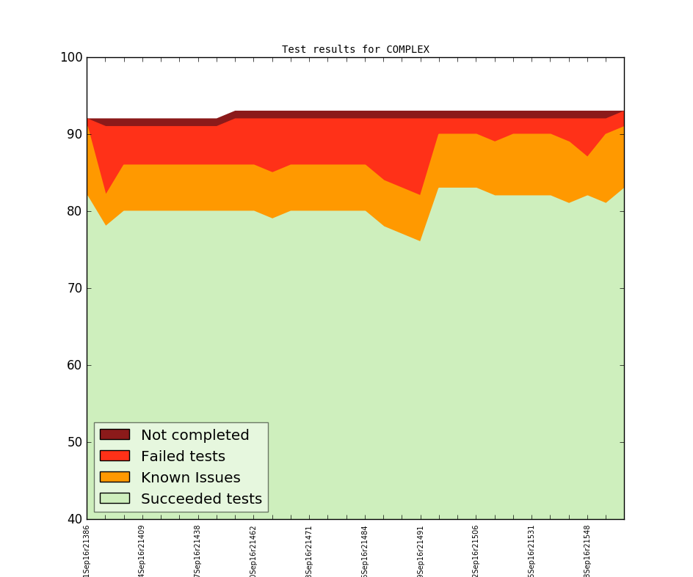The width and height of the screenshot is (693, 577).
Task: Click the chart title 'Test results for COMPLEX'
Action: click(x=355, y=50)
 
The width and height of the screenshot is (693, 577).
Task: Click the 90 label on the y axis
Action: click(x=73, y=134)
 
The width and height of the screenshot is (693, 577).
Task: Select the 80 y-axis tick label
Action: click(x=73, y=211)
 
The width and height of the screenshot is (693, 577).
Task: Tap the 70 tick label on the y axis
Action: click(x=73, y=288)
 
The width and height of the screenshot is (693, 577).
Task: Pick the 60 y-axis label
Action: click(x=73, y=365)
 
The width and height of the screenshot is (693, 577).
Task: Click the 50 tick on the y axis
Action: click(x=73, y=442)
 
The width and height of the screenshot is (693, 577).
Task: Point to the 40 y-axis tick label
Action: click(x=73, y=519)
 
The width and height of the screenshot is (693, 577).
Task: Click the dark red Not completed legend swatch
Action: click(x=115, y=435)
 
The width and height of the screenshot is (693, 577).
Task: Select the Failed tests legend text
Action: click(x=183, y=456)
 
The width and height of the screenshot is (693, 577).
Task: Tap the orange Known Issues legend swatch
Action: click(x=115, y=477)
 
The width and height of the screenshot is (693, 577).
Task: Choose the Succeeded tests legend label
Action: click(x=201, y=499)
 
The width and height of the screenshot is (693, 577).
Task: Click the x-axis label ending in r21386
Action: click(x=87, y=550)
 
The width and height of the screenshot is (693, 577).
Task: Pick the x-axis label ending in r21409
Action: click(x=142, y=550)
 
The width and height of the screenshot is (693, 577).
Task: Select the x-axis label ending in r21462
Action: click(x=253, y=550)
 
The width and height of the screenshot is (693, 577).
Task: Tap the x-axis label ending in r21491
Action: click(x=421, y=550)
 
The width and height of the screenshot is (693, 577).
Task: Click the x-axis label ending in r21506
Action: click(x=476, y=550)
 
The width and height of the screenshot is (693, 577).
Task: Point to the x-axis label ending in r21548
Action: click(x=587, y=550)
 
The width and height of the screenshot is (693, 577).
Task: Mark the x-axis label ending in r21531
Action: click(x=531, y=550)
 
